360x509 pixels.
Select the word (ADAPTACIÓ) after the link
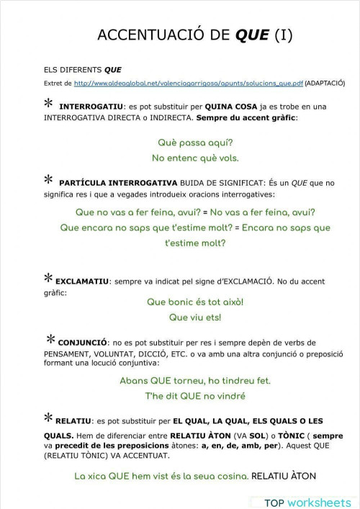point(325,84)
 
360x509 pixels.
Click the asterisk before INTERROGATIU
point(48,104)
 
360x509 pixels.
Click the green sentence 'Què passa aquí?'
point(194,143)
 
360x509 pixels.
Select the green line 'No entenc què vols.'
point(194,158)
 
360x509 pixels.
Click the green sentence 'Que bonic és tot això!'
point(195,302)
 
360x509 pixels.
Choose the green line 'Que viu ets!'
point(194,317)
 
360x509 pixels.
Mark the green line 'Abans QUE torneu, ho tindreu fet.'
point(194,381)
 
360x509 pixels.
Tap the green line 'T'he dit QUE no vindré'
point(195,396)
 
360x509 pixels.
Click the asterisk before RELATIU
point(48,418)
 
